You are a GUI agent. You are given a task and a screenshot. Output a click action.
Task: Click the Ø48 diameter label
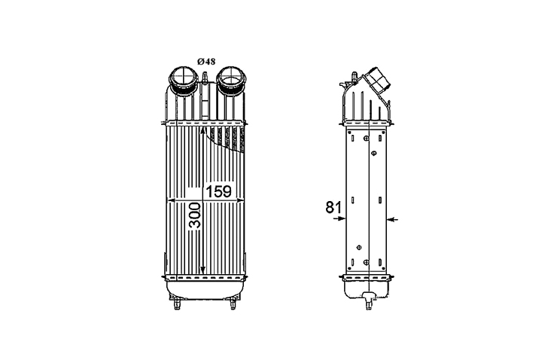[206, 62]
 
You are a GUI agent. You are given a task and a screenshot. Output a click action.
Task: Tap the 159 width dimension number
[219, 191]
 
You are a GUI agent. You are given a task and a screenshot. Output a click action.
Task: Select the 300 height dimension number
[195, 215]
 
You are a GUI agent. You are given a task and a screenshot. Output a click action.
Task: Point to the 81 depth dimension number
[333, 207]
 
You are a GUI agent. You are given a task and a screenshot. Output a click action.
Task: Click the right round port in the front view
[231, 81]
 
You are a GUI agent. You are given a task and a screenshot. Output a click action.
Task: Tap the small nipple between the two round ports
[205, 78]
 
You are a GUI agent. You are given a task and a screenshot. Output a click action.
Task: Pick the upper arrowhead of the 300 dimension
[202, 131]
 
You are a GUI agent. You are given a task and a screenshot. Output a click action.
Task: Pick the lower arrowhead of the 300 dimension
[202, 270]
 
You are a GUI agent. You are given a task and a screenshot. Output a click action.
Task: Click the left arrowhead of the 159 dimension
[171, 201]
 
